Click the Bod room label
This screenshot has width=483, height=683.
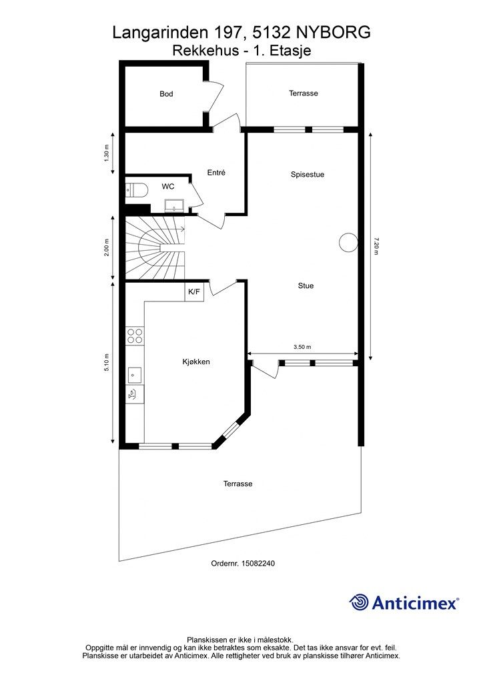point(166,93)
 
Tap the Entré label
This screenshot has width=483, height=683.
point(216,173)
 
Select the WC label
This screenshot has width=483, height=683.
point(167,187)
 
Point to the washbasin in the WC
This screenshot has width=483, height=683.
point(173,205)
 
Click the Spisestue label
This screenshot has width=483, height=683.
point(308,175)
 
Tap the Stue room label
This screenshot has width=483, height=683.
point(306,285)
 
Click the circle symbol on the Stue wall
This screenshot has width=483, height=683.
point(348,242)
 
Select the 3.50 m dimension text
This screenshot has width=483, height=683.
point(302,347)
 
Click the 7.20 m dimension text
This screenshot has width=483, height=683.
point(376,246)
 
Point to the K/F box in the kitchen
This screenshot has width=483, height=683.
point(194,292)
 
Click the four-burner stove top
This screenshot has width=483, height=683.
point(135,336)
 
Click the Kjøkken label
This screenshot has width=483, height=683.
point(196,362)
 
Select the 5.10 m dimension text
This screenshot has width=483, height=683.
point(107,362)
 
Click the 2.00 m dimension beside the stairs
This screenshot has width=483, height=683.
point(107,247)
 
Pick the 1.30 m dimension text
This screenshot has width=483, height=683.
point(107,153)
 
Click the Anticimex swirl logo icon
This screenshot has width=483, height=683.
point(359,602)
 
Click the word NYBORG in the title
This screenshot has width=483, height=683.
point(334,33)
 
